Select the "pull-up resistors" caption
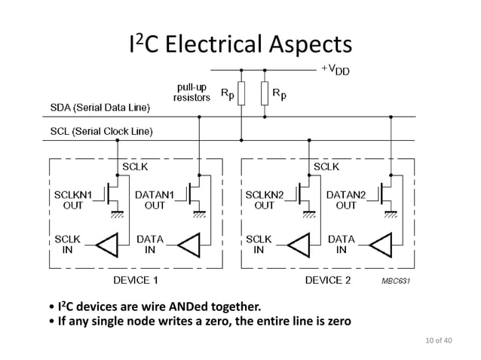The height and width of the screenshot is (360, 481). (191, 93)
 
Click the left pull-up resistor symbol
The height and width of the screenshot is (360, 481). (241, 94)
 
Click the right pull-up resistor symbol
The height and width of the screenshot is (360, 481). (265, 94)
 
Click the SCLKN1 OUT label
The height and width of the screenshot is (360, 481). (73, 200)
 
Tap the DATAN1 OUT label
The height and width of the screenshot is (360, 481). (155, 200)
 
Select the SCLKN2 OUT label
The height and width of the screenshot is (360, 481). (265, 200)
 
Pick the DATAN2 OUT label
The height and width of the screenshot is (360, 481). (346, 200)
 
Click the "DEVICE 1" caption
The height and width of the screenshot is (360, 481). (136, 280)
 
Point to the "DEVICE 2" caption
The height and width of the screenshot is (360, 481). (327, 280)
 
